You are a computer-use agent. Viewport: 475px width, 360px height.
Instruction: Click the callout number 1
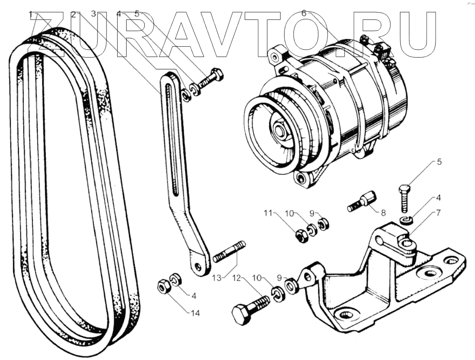coord(31,14)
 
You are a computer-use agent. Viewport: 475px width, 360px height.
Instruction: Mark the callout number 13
coord(218,278)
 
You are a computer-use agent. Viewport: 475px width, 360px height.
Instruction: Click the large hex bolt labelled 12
coord(250,309)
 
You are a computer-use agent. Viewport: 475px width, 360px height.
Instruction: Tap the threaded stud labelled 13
coord(229,252)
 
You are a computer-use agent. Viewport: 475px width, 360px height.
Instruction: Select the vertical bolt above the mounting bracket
coord(404,196)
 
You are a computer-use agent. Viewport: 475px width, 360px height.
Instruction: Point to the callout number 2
coord(73,14)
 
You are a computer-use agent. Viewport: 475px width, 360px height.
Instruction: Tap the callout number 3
coord(93,14)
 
